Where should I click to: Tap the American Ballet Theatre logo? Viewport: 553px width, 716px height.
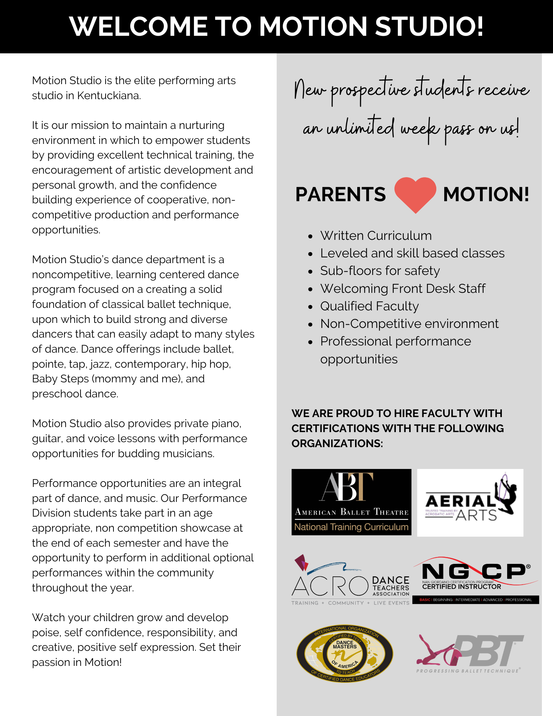tap(351, 502)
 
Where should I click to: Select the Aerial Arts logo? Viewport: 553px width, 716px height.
tap(470, 502)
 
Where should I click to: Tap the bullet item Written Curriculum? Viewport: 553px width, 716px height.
tap(376, 236)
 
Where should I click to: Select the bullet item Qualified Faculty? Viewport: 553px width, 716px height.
tap(369, 306)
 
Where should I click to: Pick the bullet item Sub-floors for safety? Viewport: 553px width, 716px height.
tap(380, 271)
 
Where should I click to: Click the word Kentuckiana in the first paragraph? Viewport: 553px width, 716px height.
tap(109, 96)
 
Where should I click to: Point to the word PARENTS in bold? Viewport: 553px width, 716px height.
tap(340, 194)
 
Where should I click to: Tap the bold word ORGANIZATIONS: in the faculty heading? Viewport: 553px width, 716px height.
tap(337, 443)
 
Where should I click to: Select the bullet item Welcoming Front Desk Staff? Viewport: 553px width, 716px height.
tap(403, 289)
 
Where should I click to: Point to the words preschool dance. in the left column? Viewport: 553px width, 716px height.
tap(75, 394)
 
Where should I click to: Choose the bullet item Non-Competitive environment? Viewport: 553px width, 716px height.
tap(409, 324)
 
